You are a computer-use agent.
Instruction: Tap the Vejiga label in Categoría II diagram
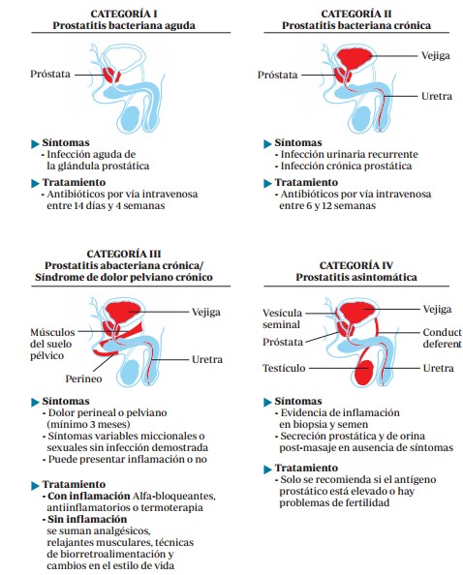(x=434, y=57)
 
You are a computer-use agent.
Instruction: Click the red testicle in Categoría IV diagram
(x=364, y=372)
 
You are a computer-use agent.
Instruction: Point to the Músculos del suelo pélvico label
(x=51, y=345)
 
